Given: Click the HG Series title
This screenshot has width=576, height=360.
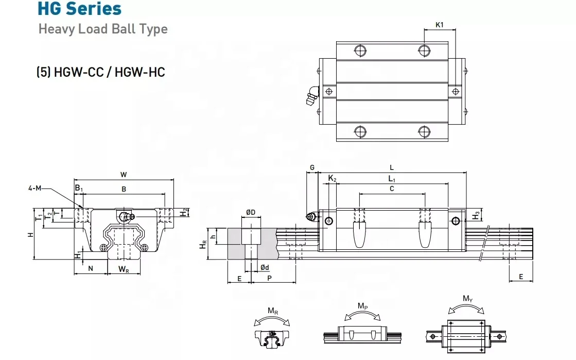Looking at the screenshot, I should coord(80,9).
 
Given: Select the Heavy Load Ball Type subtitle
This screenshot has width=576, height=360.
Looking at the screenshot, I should coord(103,29).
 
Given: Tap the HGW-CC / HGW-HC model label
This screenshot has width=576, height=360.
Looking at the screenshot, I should coord(100,72).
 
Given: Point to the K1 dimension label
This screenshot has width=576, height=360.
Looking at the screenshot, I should coord(440,24).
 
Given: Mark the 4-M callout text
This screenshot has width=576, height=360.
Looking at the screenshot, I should coord(35,188).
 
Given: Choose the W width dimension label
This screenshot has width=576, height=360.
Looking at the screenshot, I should coord(124,175).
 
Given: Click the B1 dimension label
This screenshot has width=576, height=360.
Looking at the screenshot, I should coord(78,188).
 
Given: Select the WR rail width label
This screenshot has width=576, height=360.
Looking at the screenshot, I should coord(124,269).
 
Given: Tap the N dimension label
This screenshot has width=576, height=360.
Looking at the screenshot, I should coord(91,268).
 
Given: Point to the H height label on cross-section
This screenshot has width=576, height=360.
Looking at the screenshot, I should coord(30,234).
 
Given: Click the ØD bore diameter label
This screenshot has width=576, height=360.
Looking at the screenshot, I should coord(251,213).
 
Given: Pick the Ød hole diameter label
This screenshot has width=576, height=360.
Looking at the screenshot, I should coord(264,267).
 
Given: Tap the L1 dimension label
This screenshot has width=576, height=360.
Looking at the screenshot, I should coord(392,178).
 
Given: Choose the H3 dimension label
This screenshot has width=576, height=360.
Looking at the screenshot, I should coord(477,214).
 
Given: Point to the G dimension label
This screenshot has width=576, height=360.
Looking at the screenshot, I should coord(312,168).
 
